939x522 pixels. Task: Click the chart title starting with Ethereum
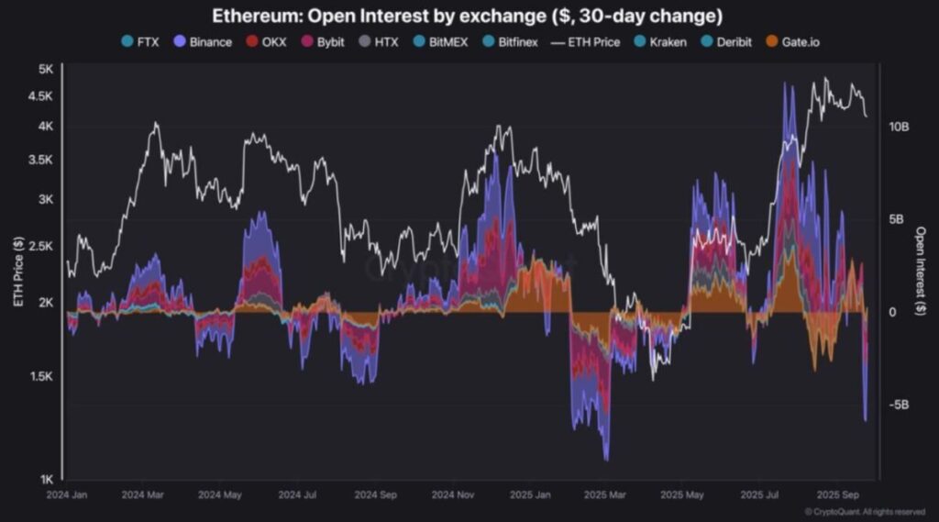(x=468, y=16)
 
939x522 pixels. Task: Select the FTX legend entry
(x=146, y=42)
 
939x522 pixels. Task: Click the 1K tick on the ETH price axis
(x=45, y=479)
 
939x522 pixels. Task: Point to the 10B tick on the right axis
(x=899, y=126)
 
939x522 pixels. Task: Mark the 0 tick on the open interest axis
(x=891, y=312)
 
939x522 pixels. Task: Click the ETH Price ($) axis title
(x=17, y=271)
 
